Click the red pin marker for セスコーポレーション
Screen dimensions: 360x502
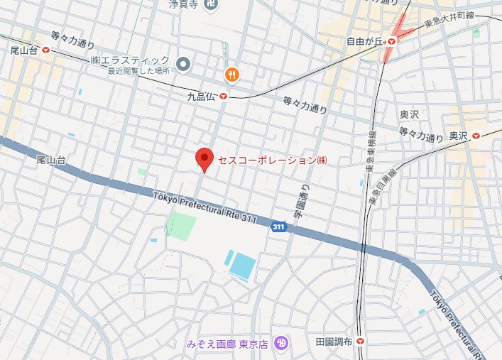204,158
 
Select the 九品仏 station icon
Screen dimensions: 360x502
223,97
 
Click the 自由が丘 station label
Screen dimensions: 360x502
364,41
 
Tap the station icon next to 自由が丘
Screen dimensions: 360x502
391,41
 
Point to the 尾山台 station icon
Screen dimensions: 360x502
46,50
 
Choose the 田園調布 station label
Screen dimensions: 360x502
334,342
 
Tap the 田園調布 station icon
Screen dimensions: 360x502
361,342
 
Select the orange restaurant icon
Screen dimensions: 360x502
231,74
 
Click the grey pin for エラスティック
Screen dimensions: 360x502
183,65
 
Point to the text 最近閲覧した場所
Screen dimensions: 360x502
139,72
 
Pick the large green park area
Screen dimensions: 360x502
181,224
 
